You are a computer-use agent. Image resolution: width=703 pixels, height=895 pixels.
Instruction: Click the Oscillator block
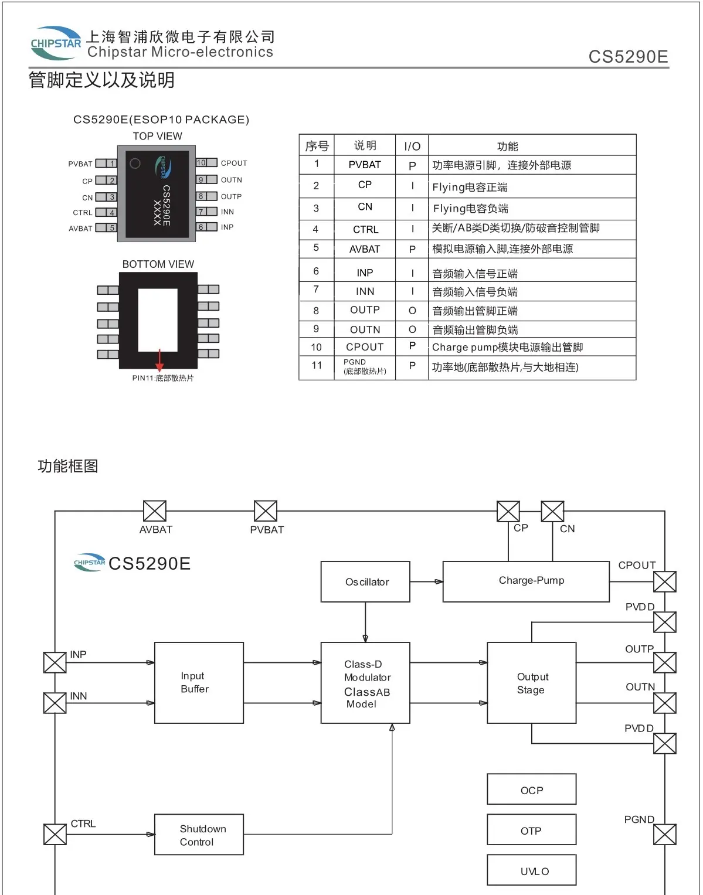click(365, 581)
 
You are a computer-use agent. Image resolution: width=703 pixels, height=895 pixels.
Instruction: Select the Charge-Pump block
click(526, 581)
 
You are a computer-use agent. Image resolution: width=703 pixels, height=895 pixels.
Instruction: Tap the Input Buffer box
click(199, 682)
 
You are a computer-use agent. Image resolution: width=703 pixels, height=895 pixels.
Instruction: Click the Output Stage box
click(532, 682)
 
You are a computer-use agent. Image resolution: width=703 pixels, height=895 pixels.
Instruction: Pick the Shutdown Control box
click(199, 834)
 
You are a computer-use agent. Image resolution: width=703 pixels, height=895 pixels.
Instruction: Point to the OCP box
click(532, 789)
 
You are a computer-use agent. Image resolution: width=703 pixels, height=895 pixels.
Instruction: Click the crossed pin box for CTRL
click(55, 834)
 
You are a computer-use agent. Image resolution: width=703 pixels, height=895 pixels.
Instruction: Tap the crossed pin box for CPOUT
click(665, 581)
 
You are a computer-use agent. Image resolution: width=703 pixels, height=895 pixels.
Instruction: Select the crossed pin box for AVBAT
click(155, 511)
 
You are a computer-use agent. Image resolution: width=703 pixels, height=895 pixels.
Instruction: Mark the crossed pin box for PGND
click(665, 834)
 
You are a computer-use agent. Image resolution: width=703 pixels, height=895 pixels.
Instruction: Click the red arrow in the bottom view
click(159, 360)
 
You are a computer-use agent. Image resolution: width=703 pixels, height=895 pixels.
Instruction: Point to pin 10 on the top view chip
click(206, 162)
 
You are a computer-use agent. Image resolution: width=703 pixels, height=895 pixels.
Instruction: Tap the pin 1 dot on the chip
click(135, 164)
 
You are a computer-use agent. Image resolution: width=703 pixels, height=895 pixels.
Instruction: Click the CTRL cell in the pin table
click(365, 229)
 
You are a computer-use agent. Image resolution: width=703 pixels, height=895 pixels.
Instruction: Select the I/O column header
click(412, 146)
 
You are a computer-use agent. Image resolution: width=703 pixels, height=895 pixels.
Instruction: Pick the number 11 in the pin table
click(316, 365)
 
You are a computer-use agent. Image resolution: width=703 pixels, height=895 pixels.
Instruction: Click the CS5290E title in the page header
click(628, 56)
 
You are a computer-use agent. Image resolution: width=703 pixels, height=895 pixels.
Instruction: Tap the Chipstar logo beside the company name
click(56, 43)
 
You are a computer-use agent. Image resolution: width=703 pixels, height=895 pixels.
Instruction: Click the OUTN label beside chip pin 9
click(232, 180)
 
